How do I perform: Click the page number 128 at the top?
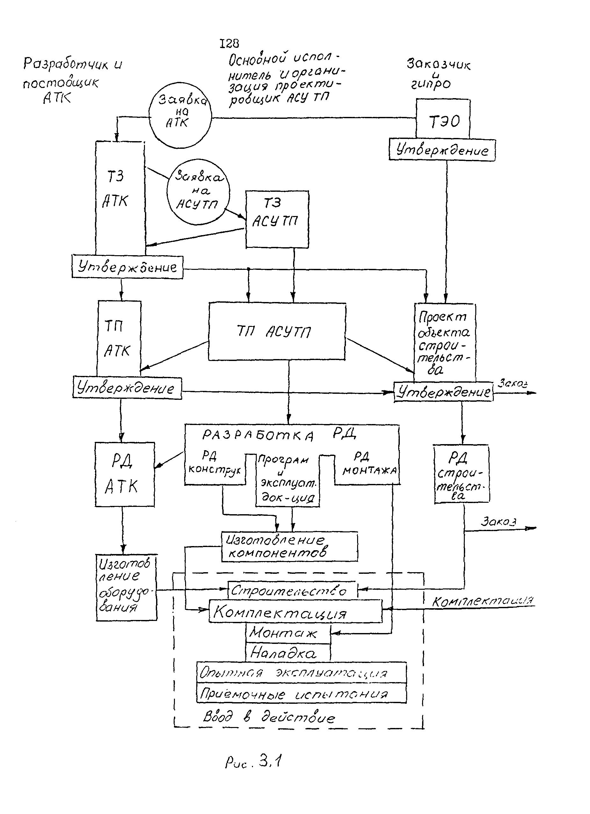coord(229,43)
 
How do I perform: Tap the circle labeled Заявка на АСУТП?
coord(198,192)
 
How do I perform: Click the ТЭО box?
coord(443,119)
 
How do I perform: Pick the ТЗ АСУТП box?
coord(277,219)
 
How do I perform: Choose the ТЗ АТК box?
coord(120,198)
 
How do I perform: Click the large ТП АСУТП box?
coord(277,331)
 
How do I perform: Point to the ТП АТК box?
coord(119,338)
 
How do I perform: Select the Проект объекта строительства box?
coord(445,342)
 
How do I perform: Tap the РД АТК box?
coord(125,474)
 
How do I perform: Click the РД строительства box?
coord(461,474)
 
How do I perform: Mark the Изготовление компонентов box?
coord(289,547)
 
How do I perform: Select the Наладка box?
coord(288,652)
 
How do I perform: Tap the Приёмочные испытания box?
coord(301,693)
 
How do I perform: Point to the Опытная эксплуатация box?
coord(301,673)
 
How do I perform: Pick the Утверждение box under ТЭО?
coord(442,150)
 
